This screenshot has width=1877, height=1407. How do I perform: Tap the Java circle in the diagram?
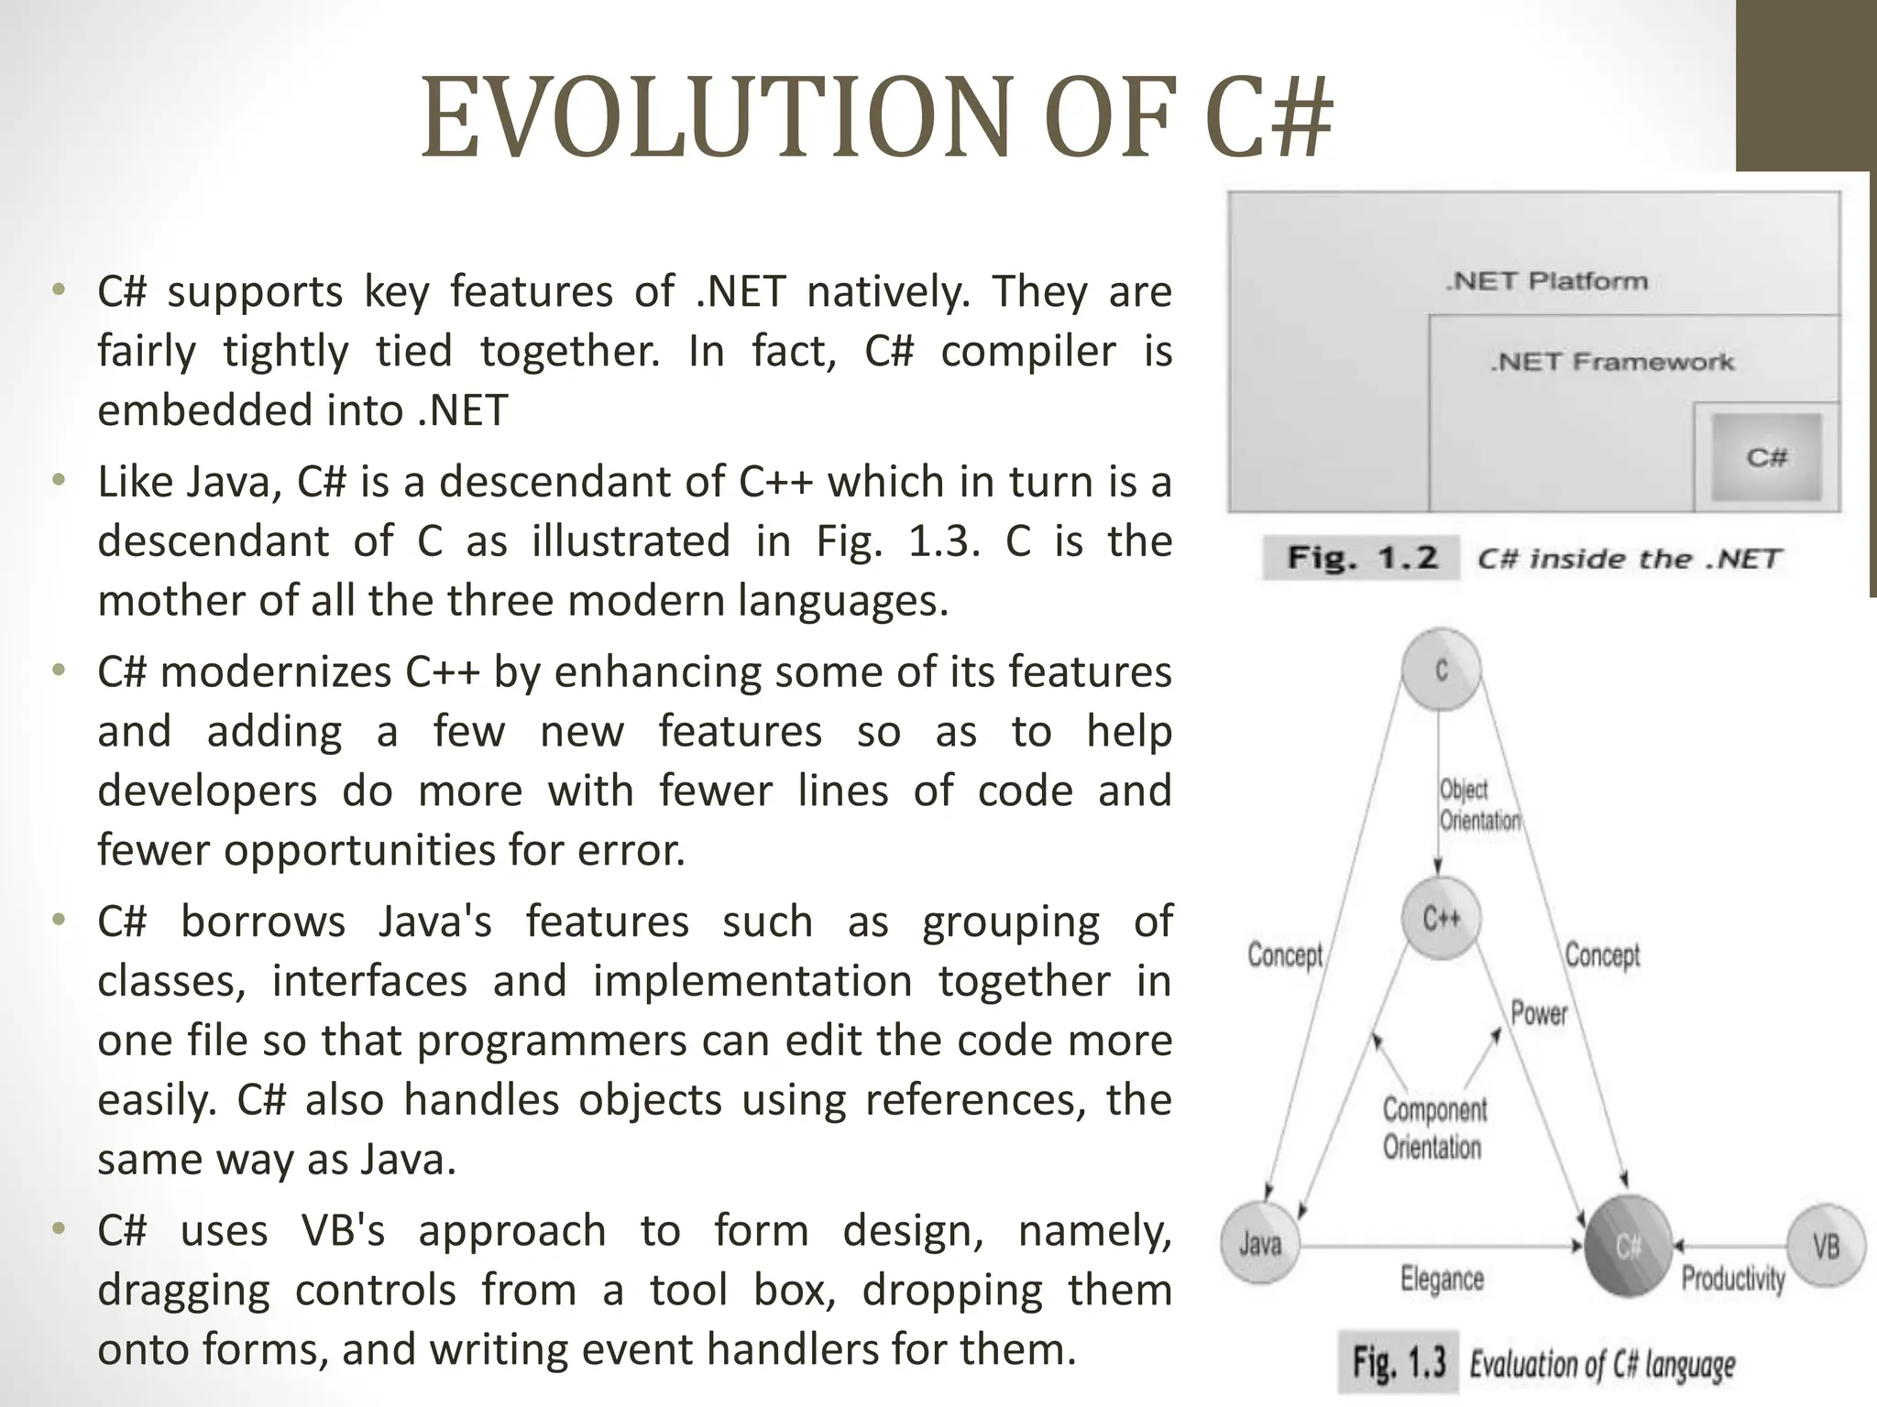[1260, 1244]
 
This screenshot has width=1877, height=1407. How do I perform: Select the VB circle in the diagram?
[1826, 1245]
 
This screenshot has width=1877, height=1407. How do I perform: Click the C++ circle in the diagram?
[1442, 919]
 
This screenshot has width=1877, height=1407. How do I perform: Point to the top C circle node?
[1441, 670]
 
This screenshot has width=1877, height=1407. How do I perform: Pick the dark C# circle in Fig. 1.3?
[1628, 1246]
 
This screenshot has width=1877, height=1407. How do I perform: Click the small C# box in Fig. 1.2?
[1766, 457]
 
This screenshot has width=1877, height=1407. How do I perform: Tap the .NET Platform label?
[1547, 281]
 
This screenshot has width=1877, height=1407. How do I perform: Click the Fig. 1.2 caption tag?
[1362, 558]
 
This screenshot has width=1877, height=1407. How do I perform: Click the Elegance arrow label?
[1442, 1279]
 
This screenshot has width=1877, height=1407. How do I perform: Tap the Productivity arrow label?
[1733, 1279]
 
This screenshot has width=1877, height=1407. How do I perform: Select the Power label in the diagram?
[1539, 1013]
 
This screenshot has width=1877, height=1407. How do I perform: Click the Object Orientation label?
[1477, 805]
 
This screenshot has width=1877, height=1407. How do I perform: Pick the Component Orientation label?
[1433, 1129]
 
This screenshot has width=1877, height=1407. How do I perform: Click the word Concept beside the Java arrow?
[1285, 955]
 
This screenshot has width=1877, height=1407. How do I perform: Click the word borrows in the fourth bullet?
[263, 922]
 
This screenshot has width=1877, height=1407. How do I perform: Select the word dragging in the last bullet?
[183, 1291]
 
